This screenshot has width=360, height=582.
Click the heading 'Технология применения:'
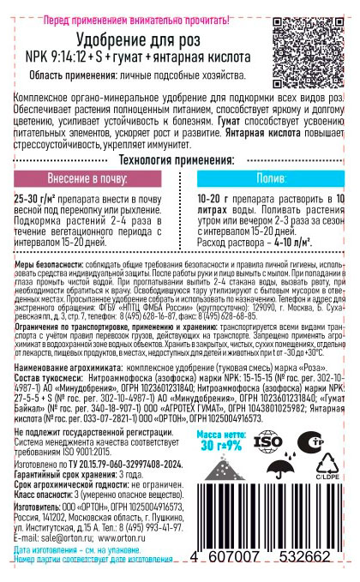180,136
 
